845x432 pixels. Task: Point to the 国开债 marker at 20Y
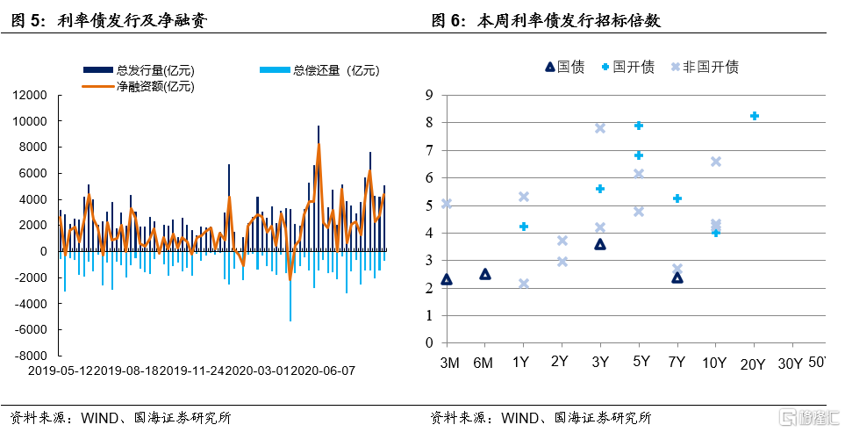754,116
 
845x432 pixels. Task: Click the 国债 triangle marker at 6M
485,274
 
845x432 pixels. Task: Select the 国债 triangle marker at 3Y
600,244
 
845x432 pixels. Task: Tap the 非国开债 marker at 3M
447,204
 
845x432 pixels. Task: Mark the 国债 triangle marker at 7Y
677,277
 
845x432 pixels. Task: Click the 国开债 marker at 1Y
524,227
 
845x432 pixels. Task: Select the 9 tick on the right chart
429,95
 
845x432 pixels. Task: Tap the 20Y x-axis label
754,363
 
